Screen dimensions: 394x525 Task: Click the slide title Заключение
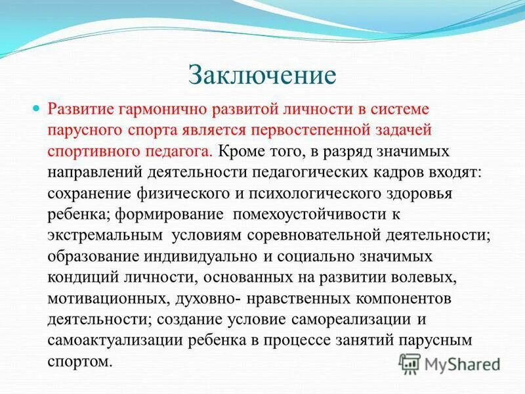pyautogui.click(x=262, y=74)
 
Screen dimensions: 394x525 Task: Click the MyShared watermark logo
pyautogui.click(x=451, y=363)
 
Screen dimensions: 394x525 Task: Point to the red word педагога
pyautogui.click(x=181, y=151)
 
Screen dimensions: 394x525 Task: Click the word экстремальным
pyautogui.click(x=105, y=236)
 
